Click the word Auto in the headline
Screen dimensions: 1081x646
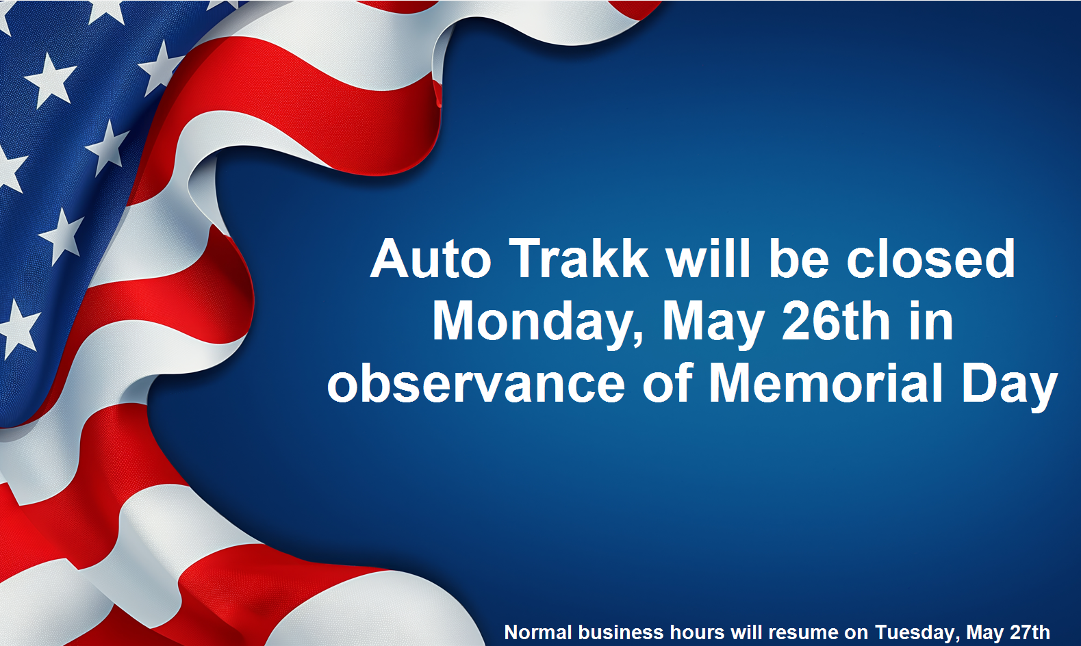click(x=431, y=259)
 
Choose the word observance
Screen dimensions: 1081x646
click(x=476, y=383)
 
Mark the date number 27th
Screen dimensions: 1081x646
click(x=1028, y=632)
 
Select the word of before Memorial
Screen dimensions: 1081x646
click(x=668, y=383)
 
